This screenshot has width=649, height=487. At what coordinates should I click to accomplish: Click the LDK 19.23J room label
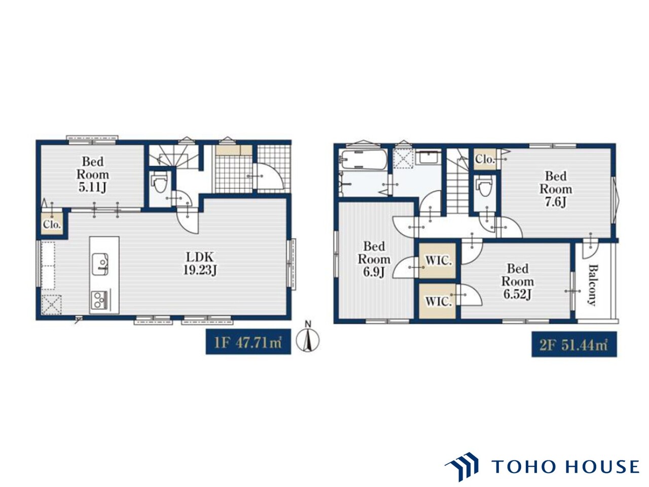coord(200,263)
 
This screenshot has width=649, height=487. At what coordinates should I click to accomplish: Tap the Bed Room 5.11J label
coord(93,175)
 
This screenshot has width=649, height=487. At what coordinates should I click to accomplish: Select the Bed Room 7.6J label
coord(556,189)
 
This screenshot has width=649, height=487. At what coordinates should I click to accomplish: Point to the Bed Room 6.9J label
coord(374,259)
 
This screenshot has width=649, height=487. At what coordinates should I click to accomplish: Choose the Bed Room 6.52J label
coord(518,282)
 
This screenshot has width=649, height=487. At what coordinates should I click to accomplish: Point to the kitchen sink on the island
coord(100,264)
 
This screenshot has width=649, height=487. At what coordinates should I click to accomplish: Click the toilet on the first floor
coord(159,183)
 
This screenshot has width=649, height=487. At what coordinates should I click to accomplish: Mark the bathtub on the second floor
coord(364,159)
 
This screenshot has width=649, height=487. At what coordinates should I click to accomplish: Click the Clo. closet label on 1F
coord(52,224)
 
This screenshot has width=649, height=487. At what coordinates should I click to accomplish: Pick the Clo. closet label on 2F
coord(485,159)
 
